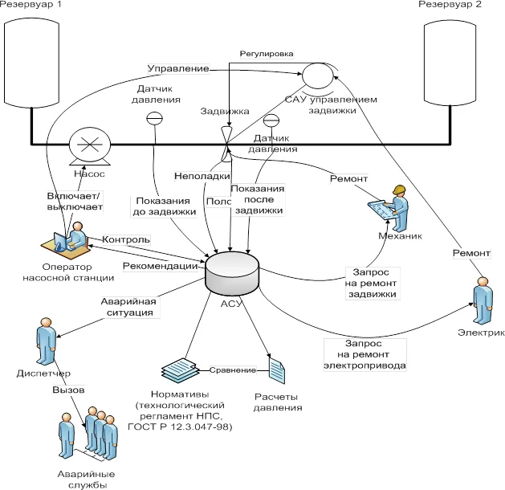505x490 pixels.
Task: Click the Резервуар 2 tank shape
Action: pos(454,60)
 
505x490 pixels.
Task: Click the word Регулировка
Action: pos(267,53)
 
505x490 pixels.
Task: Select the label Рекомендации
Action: pos(160,266)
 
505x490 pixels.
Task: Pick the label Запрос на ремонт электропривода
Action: pos(364,354)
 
